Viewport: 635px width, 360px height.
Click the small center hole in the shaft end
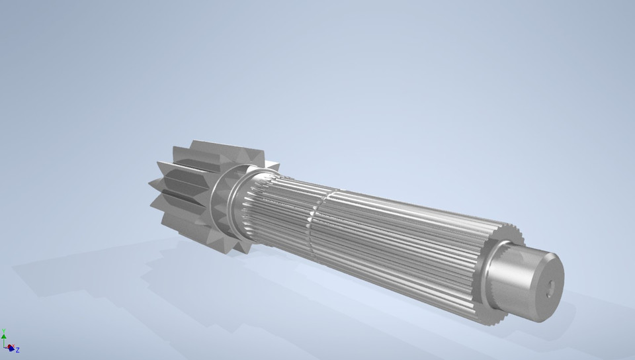[548, 286]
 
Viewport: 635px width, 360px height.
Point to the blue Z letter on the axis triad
[17, 349]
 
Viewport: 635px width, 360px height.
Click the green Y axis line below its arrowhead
[4, 342]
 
